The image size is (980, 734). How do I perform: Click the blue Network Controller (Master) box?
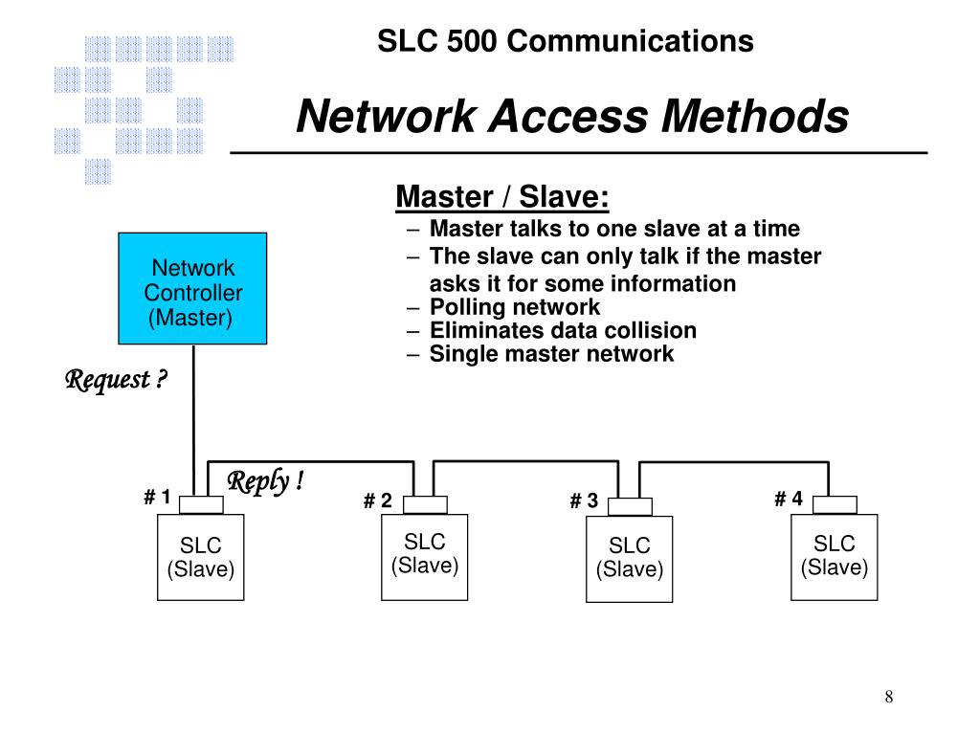click(192, 288)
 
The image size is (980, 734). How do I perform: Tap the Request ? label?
click(116, 380)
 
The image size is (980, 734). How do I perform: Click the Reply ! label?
click(266, 481)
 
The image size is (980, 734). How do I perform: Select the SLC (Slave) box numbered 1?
click(201, 557)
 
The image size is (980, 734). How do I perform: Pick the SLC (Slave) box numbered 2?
click(424, 557)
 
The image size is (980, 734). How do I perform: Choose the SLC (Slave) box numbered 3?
click(630, 559)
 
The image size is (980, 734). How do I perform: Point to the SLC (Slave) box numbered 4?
click(835, 557)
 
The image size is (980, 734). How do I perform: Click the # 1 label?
click(157, 497)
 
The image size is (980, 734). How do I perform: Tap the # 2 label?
click(377, 500)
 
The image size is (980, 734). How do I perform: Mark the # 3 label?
click(584, 500)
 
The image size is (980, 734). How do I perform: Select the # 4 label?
click(789, 499)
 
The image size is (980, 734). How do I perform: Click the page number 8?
click(889, 697)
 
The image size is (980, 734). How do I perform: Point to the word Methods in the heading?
click(755, 117)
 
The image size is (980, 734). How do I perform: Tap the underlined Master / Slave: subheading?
click(502, 196)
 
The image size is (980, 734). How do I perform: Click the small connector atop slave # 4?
click(835, 505)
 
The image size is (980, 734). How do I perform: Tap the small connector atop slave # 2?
click(425, 505)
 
